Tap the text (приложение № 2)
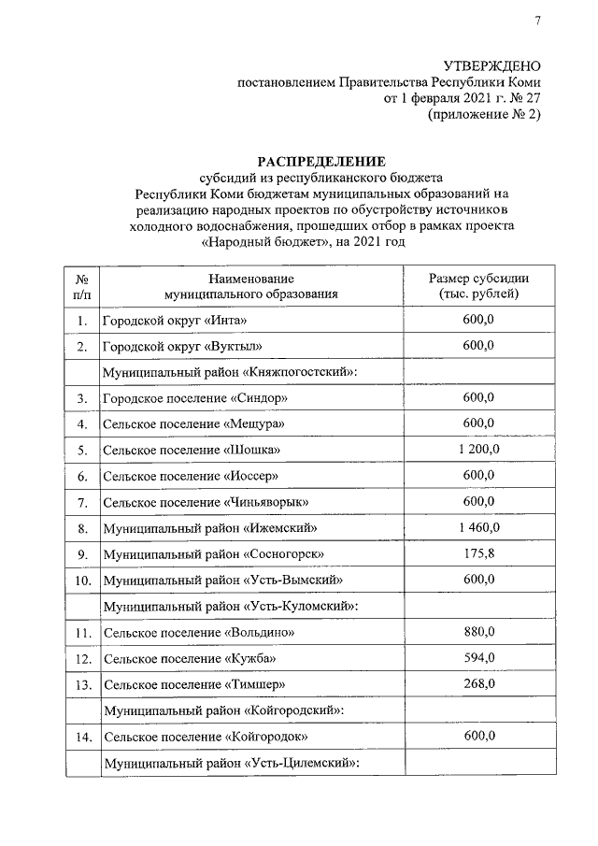(484, 115)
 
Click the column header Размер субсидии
(478, 279)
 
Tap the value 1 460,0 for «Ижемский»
(478, 528)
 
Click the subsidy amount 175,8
(478, 553)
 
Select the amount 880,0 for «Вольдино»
(478, 632)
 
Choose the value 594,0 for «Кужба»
(478, 658)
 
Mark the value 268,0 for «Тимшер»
(478, 684)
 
